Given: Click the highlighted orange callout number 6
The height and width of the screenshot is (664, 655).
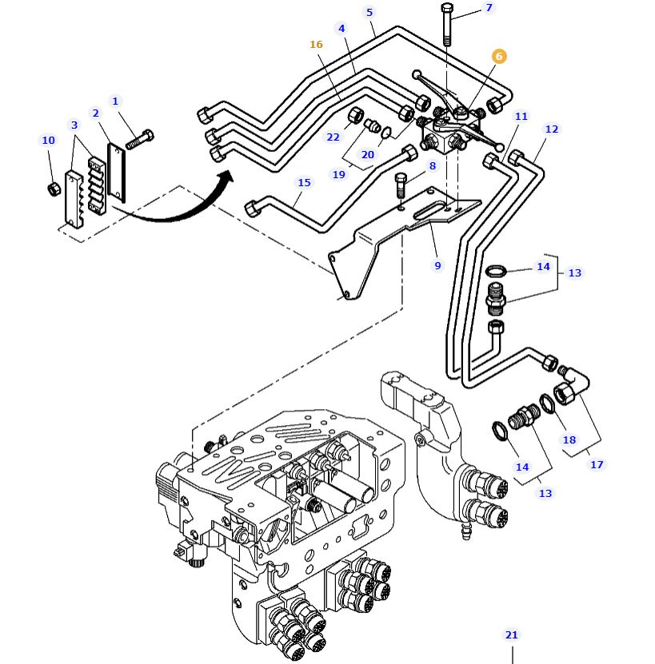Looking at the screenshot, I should click(x=499, y=56).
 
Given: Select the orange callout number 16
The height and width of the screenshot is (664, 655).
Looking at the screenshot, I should click(x=316, y=44).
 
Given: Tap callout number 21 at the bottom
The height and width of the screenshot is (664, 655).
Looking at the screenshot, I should click(x=512, y=635).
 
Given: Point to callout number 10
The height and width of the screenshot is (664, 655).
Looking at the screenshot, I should click(x=48, y=141).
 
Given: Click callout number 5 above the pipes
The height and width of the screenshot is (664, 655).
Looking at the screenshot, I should click(x=369, y=12).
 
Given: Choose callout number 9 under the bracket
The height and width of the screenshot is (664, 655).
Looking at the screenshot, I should click(x=437, y=265).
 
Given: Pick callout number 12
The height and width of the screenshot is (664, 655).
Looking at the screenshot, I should click(x=552, y=129).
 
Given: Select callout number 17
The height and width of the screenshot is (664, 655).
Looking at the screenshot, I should click(x=597, y=464).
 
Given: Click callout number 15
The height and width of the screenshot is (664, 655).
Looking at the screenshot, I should click(x=304, y=182).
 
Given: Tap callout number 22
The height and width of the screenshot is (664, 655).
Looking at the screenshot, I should click(x=333, y=137).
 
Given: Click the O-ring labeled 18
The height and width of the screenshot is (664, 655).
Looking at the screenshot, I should click(x=548, y=404).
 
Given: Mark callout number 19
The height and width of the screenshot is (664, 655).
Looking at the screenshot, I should click(x=339, y=174).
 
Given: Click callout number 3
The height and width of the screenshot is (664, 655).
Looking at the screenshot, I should click(x=74, y=125).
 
